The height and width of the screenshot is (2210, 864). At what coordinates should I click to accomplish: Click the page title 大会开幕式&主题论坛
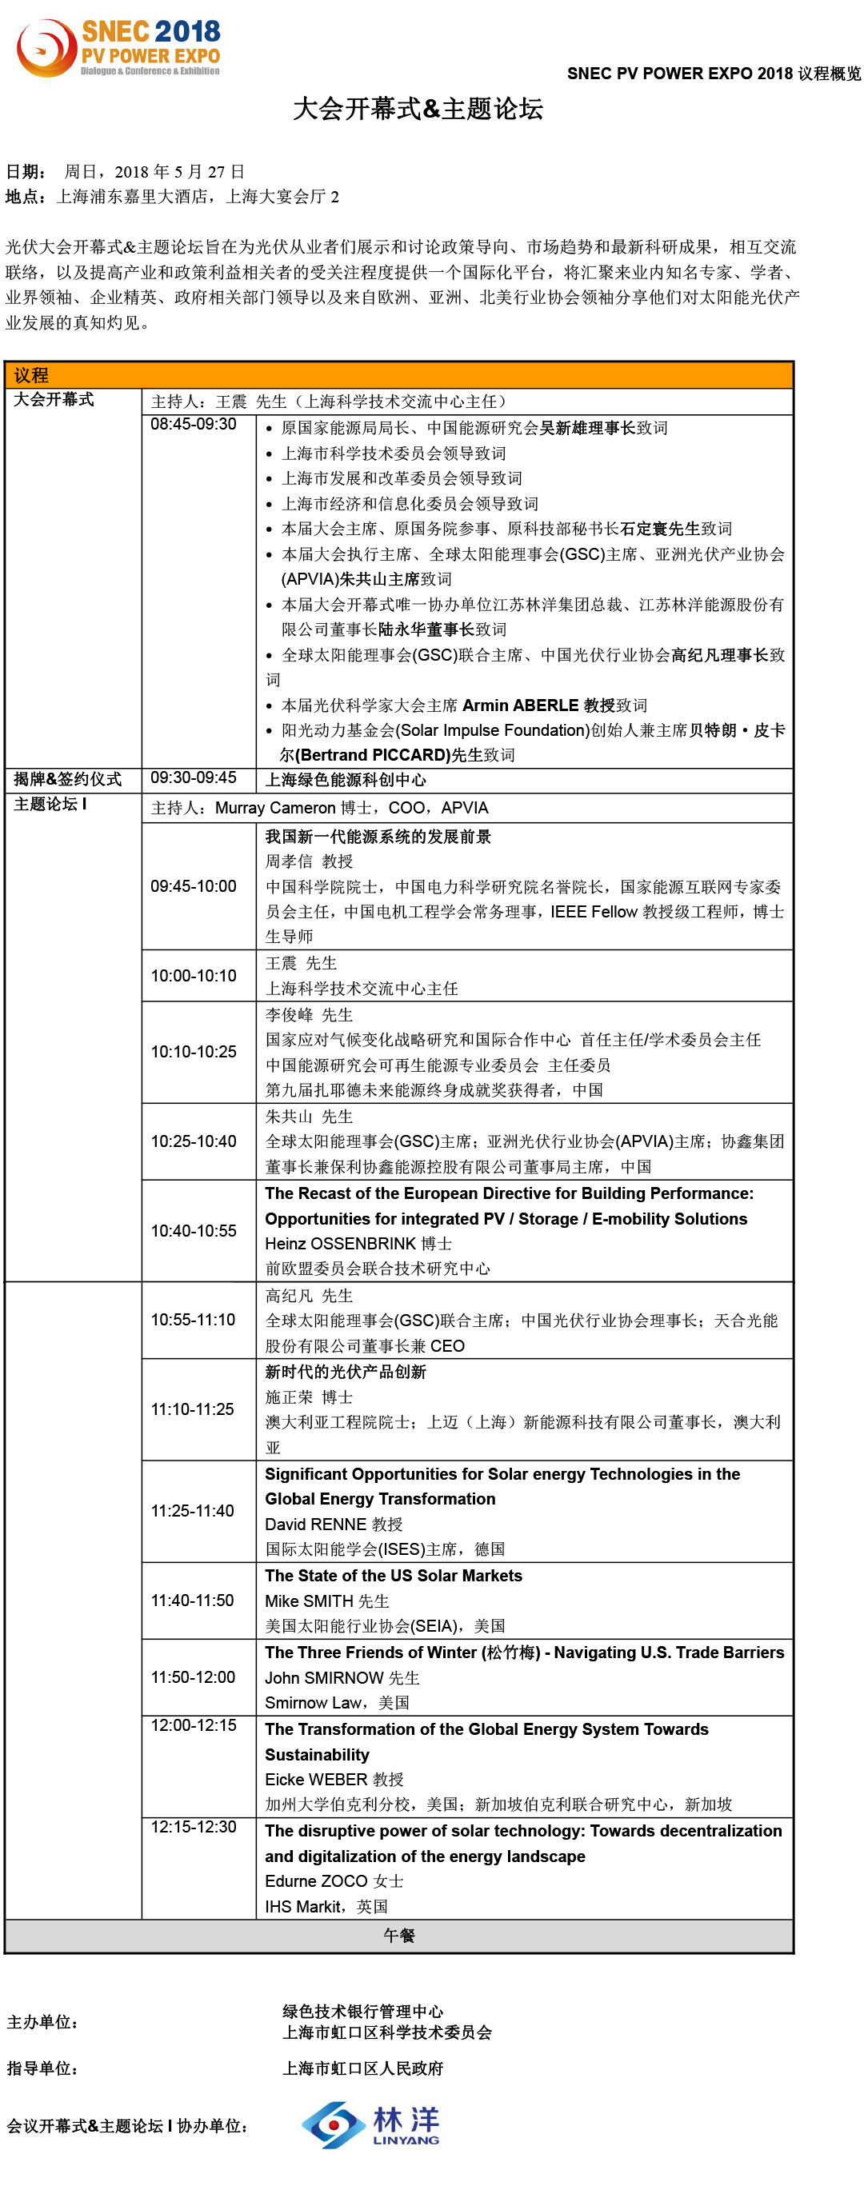click(x=418, y=109)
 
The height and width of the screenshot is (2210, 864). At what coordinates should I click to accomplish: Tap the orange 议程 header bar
click(x=399, y=375)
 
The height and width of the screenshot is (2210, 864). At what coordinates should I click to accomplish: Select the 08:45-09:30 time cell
click(x=193, y=424)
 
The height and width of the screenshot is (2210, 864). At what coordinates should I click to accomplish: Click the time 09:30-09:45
click(x=193, y=777)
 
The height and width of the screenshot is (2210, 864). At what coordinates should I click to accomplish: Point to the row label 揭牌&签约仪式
click(x=68, y=779)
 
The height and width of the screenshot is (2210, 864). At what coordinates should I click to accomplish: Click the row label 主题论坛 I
click(x=50, y=804)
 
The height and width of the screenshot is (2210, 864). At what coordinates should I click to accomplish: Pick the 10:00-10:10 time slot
click(x=193, y=976)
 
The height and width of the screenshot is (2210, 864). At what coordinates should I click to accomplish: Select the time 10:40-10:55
click(x=193, y=1230)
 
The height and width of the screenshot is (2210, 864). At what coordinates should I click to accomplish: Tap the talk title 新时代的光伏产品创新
click(x=345, y=1372)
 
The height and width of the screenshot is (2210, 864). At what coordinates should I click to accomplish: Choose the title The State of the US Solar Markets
click(x=393, y=1575)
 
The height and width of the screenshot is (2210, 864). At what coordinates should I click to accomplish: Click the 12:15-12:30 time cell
click(x=193, y=1827)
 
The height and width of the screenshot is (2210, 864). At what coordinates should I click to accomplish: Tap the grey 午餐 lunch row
click(x=399, y=1936)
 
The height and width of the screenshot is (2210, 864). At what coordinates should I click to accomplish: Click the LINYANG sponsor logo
click(x=370, y=2124)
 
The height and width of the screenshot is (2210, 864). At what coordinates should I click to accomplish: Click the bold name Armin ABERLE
click(x=521, y=705)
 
